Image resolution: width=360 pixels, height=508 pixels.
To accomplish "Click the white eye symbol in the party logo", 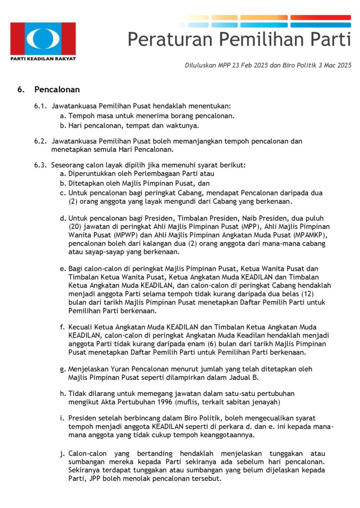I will pyautogui.click(x=43, y=38).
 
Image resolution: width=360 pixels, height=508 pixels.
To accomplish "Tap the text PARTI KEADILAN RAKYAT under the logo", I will pyautogui.click(x=43, y=59).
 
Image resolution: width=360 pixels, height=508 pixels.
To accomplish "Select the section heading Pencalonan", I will pyautogui.click(x=57, y=90).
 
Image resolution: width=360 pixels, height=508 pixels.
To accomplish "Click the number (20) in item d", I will pyautogui.click(x=76, y=227).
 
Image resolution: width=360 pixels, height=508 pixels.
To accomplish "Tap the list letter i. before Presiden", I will pyautogui.click(x=62, y=418).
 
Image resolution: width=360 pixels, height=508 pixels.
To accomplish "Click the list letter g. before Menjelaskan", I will pyautogui.click(x=63, y=369).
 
